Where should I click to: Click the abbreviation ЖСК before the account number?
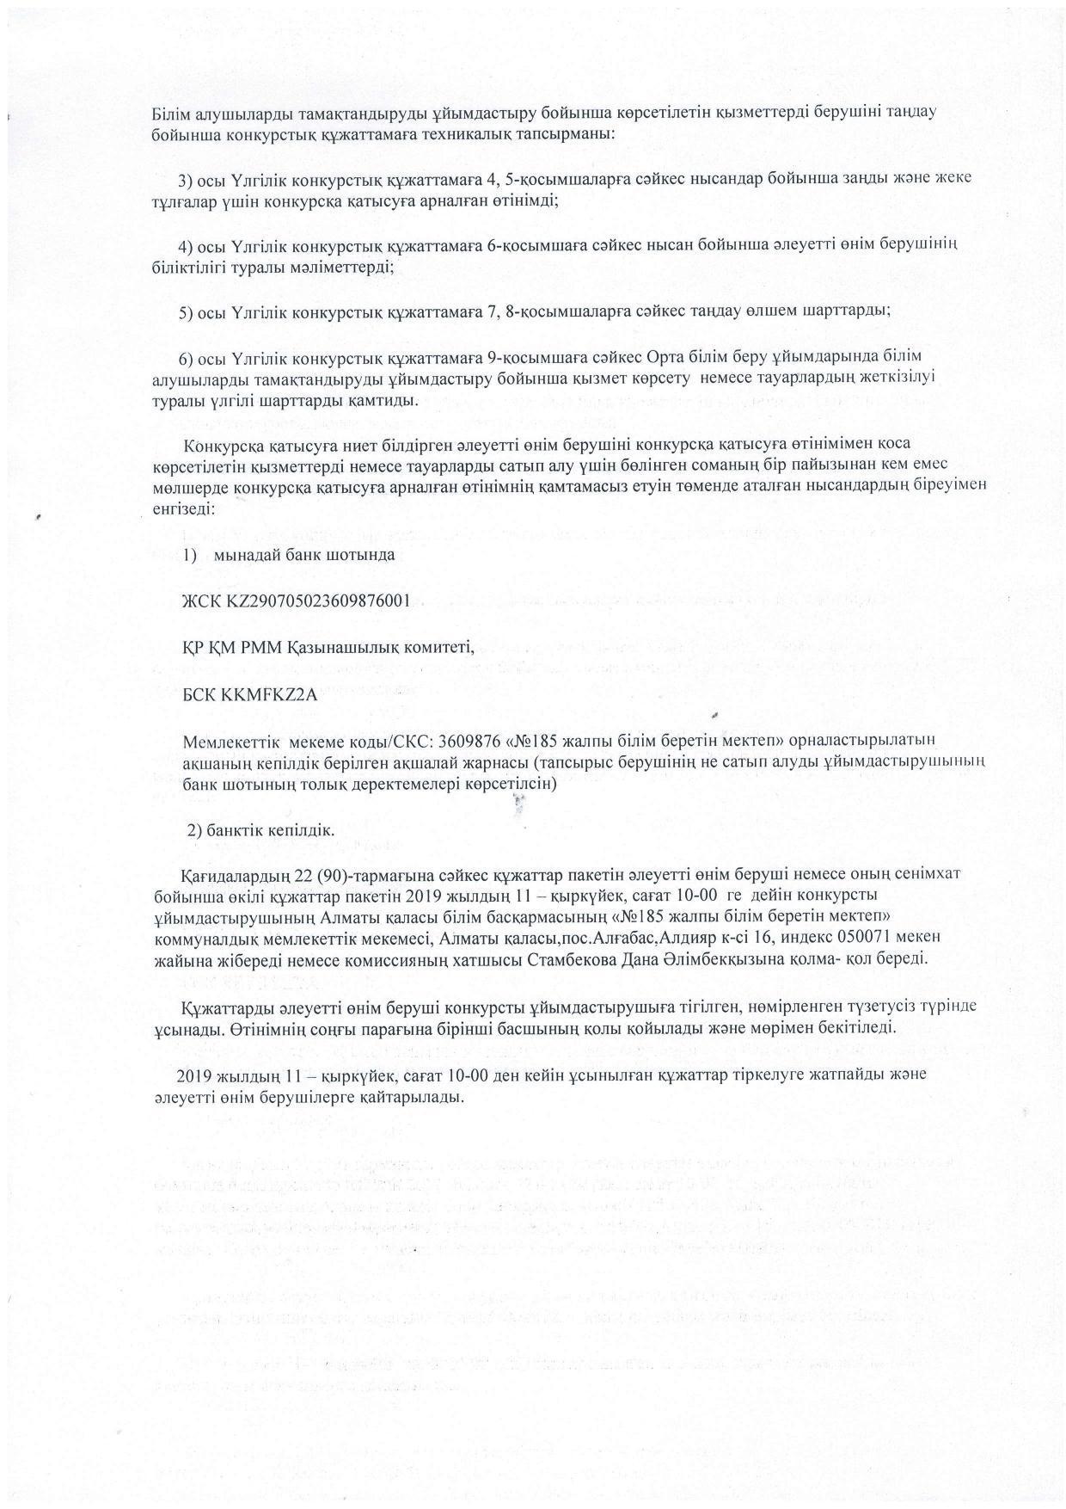click(201, 600)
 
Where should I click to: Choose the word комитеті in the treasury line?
click(439, 647)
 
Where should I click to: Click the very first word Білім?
click(170, 114)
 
